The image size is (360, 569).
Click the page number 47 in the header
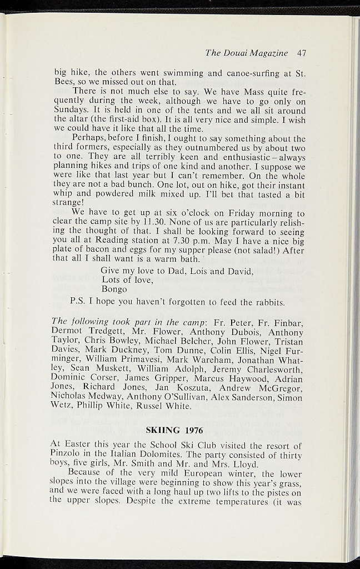tap(302, 53)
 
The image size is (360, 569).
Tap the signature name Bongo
tap(114, 289)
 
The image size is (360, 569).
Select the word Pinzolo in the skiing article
tap(68, 455)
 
